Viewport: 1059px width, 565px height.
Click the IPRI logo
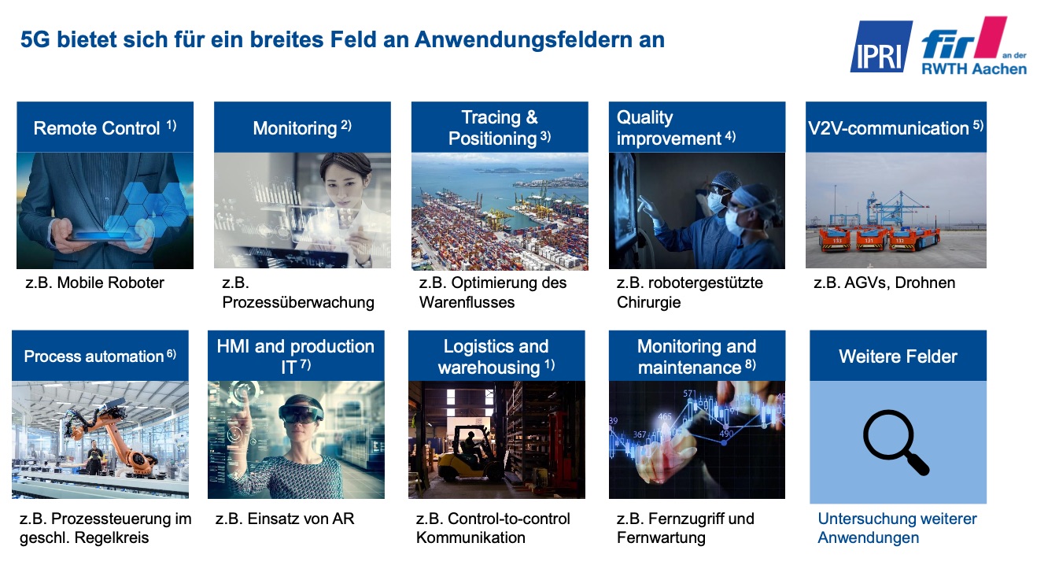880,46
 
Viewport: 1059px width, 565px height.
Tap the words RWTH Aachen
974,69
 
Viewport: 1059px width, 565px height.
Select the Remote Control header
105,127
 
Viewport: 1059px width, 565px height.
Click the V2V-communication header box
896,127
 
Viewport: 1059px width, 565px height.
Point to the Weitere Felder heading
898,356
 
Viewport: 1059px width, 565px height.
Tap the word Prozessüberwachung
298,302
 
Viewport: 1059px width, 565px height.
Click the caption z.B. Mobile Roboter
94,282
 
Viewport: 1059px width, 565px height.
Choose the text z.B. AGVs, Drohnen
884,282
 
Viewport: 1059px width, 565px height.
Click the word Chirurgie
648,302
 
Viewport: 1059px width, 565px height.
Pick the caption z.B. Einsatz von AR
285,519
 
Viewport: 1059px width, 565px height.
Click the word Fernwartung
661,537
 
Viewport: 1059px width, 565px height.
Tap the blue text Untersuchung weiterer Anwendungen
897,528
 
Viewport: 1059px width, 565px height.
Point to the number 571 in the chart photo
690,393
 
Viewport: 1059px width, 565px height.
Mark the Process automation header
100,356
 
